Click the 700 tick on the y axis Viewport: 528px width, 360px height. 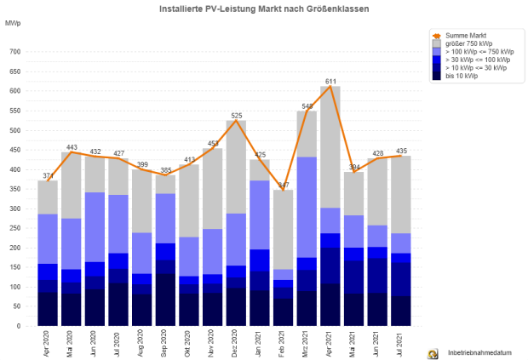(x=14, y=52)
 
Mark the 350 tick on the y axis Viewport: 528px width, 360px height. (x=14, y=189)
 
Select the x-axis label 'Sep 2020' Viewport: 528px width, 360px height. (x=167, y=344)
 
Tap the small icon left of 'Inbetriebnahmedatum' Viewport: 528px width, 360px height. (x=433, y=351)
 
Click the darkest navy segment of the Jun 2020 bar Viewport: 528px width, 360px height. (x=95, y=307)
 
